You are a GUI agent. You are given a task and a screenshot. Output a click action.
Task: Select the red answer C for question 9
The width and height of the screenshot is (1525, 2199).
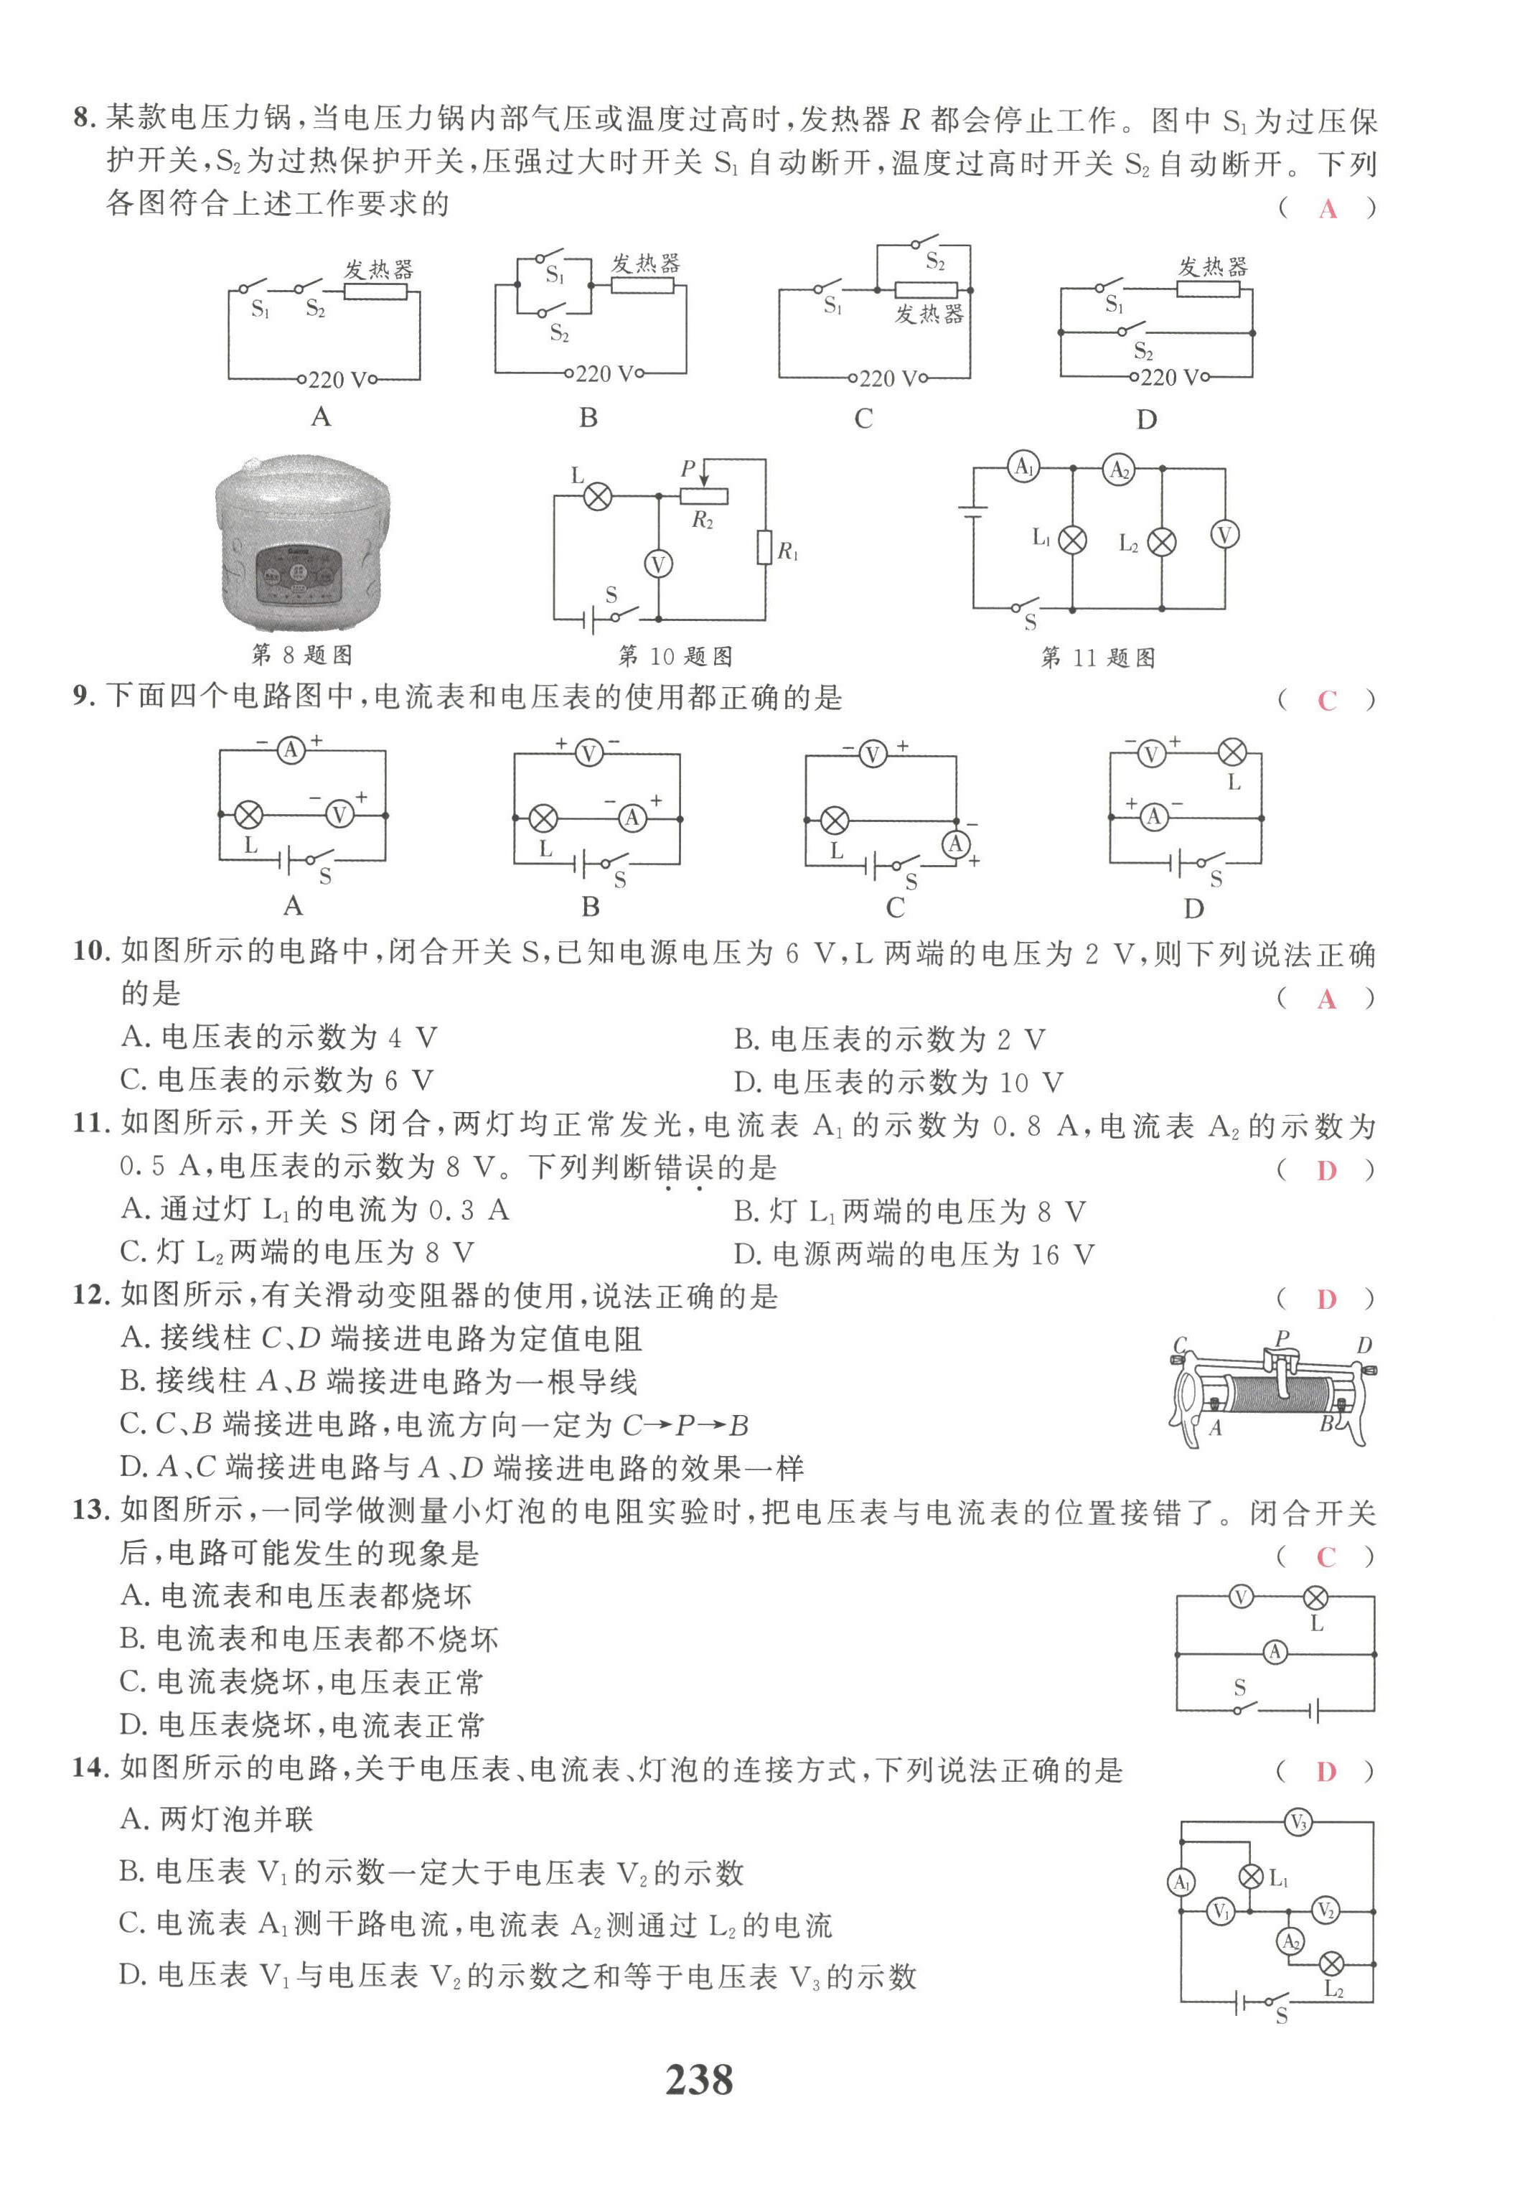(x=1326, y=701)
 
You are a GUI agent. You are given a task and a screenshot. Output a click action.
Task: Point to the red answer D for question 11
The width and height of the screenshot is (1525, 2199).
(x=1326, y=1171)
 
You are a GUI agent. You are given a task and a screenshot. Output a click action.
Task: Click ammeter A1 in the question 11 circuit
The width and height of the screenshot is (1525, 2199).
(x=1023, y=467)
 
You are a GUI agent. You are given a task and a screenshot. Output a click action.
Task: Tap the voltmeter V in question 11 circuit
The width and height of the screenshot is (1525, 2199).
(x=1224, y=534)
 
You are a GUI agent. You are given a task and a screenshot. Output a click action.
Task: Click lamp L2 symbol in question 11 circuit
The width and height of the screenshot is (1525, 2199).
(x=1161, y=543)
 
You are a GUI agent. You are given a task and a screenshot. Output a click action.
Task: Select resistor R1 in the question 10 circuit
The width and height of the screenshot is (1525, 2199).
(x=764, y=548)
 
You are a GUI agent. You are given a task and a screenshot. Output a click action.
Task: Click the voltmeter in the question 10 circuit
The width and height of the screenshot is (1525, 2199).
(x=657, y=564)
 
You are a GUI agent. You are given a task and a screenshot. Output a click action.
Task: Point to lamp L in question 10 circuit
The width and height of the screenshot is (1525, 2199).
(x=598, y=496)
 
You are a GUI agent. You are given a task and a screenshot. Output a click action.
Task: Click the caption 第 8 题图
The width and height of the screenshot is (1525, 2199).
(x=302, y=655)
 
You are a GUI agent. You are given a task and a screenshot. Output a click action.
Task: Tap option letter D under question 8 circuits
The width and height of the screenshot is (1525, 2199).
(x=1147, y=419)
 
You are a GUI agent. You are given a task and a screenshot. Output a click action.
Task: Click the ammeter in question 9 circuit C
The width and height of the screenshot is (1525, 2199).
(x=955, y=843)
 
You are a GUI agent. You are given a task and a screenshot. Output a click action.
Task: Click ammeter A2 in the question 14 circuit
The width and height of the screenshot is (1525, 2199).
(x=1290, y=1941)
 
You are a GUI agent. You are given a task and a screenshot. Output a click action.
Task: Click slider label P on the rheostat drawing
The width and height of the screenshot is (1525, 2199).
(x=1281, y=1338)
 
